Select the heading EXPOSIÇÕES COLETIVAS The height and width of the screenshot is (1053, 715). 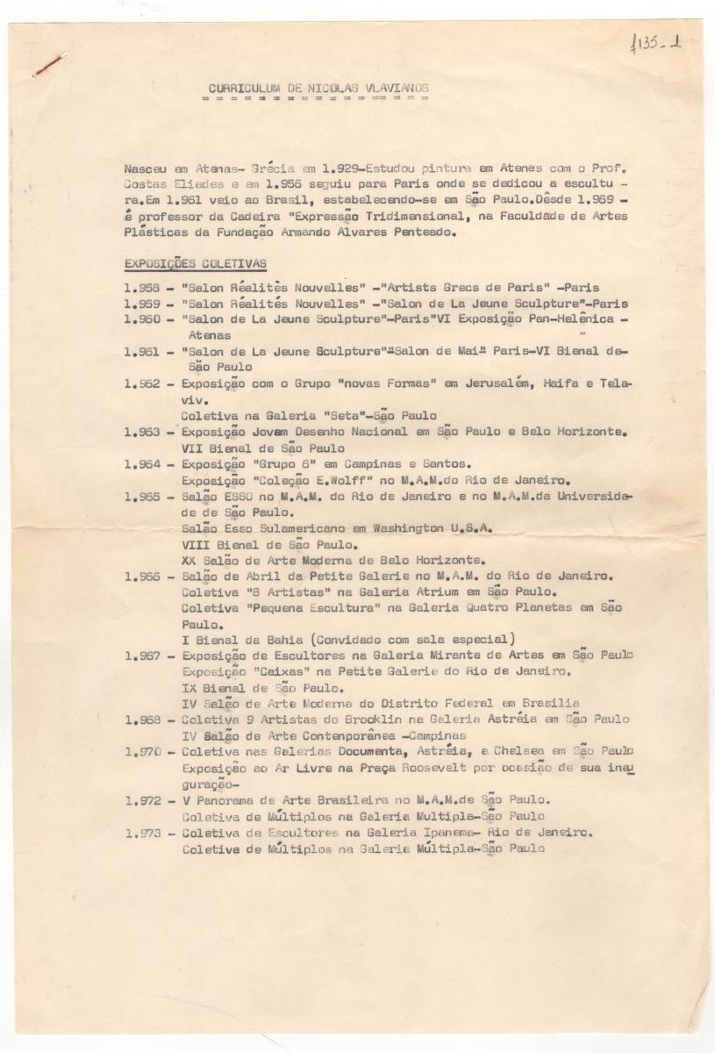(195, 264)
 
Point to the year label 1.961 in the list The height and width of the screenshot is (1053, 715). (143, 350)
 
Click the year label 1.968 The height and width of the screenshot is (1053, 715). (143, 720)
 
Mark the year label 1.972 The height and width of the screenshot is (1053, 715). (143, 799)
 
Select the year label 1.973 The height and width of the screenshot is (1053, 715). (143, 832)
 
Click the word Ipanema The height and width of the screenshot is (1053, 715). (442, 832)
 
